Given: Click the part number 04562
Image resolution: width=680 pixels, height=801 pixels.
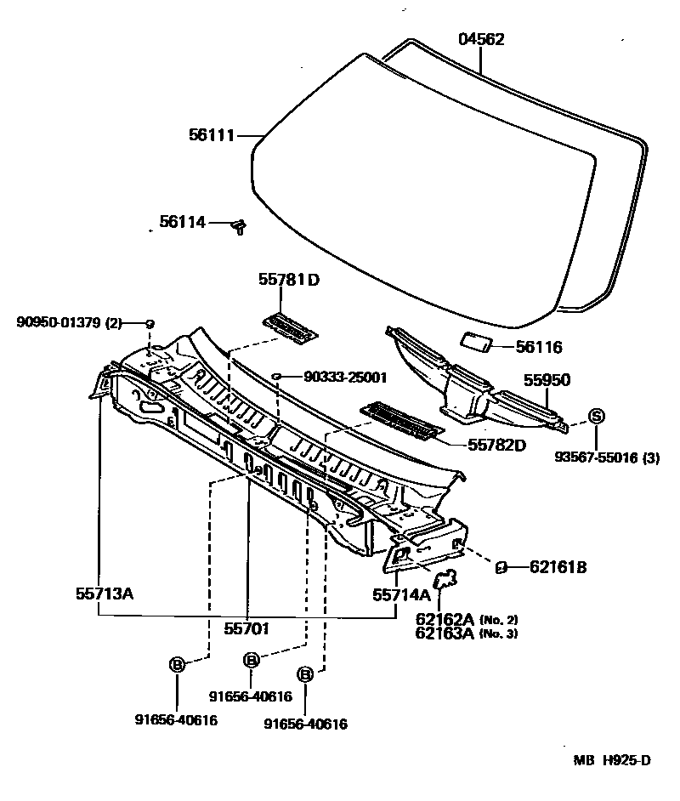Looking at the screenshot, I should (481, 39).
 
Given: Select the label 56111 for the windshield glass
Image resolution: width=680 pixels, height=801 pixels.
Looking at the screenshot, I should (211, 134).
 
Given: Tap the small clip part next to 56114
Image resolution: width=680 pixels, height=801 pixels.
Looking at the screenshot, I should (240, 225).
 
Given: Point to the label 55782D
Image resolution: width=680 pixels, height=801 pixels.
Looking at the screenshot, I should (496, 445).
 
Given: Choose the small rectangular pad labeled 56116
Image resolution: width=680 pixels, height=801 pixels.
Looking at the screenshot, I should (476, 342).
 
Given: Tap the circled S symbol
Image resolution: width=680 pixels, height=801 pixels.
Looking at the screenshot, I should (596, 416).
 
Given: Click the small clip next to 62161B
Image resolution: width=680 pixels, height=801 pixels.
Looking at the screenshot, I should (501, 566).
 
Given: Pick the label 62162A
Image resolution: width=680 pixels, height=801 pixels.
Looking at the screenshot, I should (445, 619).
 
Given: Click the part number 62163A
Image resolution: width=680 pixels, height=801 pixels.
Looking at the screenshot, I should (445, 633).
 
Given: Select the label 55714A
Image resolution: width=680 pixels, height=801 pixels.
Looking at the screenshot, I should (401, 595).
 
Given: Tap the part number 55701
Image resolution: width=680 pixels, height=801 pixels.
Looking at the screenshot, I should (246, 630).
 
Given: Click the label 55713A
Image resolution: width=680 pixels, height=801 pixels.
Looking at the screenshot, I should (105, 594).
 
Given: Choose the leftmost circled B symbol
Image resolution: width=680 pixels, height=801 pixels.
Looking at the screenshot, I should (177, 665).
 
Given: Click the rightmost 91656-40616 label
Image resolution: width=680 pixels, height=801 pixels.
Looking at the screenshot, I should (305, 724).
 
